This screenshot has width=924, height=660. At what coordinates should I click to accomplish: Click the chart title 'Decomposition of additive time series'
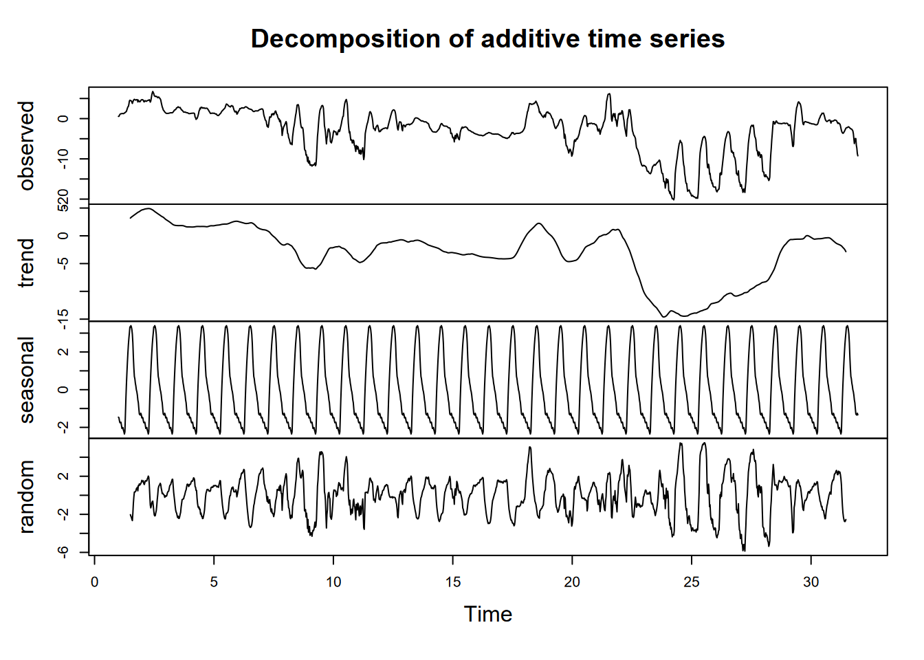point(487,39)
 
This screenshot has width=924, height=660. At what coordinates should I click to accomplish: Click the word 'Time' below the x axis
point(487,614)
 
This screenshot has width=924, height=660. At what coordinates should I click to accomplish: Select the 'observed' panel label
point(26,146)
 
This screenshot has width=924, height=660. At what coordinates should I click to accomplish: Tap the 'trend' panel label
point(26,263)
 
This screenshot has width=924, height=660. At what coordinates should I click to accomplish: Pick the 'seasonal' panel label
point(26,379)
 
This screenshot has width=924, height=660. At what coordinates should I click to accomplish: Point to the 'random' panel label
point(26,496)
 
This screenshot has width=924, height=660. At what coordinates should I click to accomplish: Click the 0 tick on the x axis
point(95,582)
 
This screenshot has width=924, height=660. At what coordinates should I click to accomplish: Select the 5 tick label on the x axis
point(214,582)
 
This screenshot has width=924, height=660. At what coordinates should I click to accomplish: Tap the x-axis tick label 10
point(333,582)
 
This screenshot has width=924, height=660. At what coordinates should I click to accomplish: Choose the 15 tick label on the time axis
point(452,582)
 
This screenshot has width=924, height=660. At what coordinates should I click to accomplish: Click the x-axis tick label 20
point(572,582)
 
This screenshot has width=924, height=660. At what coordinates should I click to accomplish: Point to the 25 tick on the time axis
point(692,582)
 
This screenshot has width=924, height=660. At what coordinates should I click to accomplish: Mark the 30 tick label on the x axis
point(811,582)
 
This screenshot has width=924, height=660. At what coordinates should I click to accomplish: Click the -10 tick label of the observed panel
point(63,159)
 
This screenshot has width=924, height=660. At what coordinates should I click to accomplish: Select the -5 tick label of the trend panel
point(63,263)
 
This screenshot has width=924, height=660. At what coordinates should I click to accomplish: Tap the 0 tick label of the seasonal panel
point(63,390)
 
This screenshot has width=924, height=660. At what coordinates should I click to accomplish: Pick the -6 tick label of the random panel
point(63,551)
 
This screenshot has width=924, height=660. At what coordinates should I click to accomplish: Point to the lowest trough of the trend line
point(684,316)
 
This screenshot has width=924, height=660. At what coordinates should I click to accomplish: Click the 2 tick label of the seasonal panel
point(63,352)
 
